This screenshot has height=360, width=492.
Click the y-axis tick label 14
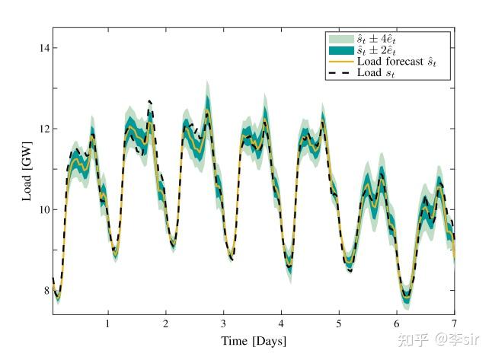(43, 48)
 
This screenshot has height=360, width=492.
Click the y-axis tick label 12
(43, 129)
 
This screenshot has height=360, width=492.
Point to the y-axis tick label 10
(43, 209)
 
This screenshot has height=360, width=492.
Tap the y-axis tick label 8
(46, 290)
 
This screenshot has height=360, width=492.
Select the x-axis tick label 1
(107, 323)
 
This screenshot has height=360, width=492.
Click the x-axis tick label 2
(165, 323)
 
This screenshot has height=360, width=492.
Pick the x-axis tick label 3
(223, 323)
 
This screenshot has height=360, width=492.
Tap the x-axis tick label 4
(281, 323)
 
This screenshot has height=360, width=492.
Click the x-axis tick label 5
(339, 323)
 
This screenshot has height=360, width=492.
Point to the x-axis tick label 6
(397, 323)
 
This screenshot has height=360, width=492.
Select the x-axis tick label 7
(454, 323)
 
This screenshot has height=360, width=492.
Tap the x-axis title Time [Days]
(254, 341)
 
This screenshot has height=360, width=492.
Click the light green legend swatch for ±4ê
(340, 38)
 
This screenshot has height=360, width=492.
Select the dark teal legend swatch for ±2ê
(340, 49)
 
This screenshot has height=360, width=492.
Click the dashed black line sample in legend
(340, 73)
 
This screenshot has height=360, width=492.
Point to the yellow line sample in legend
(340, 62)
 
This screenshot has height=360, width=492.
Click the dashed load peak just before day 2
(149, 101)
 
